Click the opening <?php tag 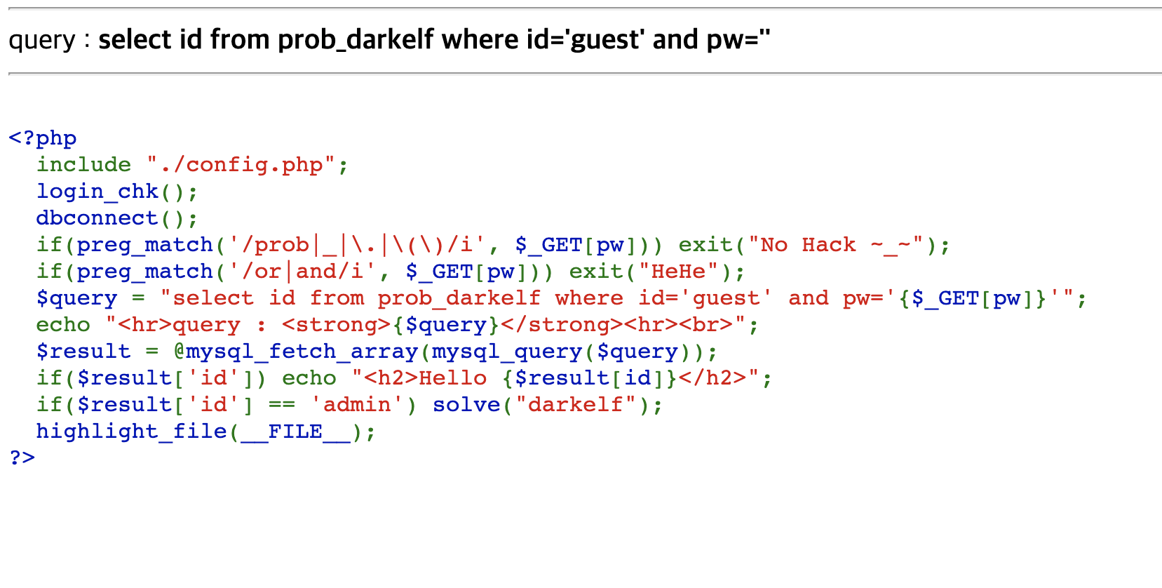click(x=42, y=138)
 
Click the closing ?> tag click(x=22, y=457)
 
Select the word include click(x=83, y=165)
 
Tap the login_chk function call click(x=97, y=192)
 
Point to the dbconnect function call click(x=97, y=218)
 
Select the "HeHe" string click(x=678, y=272)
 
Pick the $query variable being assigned click(x=76, y=298)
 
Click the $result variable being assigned click(x=83, y=352)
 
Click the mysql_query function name click(x=506, y=352)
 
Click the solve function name click(x=466, y=405)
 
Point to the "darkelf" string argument click(x=575, y=405)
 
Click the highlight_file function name click(x=132, y=432)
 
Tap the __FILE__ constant click(x=295, y=432)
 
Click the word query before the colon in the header click(x=41, y=40)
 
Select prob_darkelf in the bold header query click(x=356, y=40)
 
